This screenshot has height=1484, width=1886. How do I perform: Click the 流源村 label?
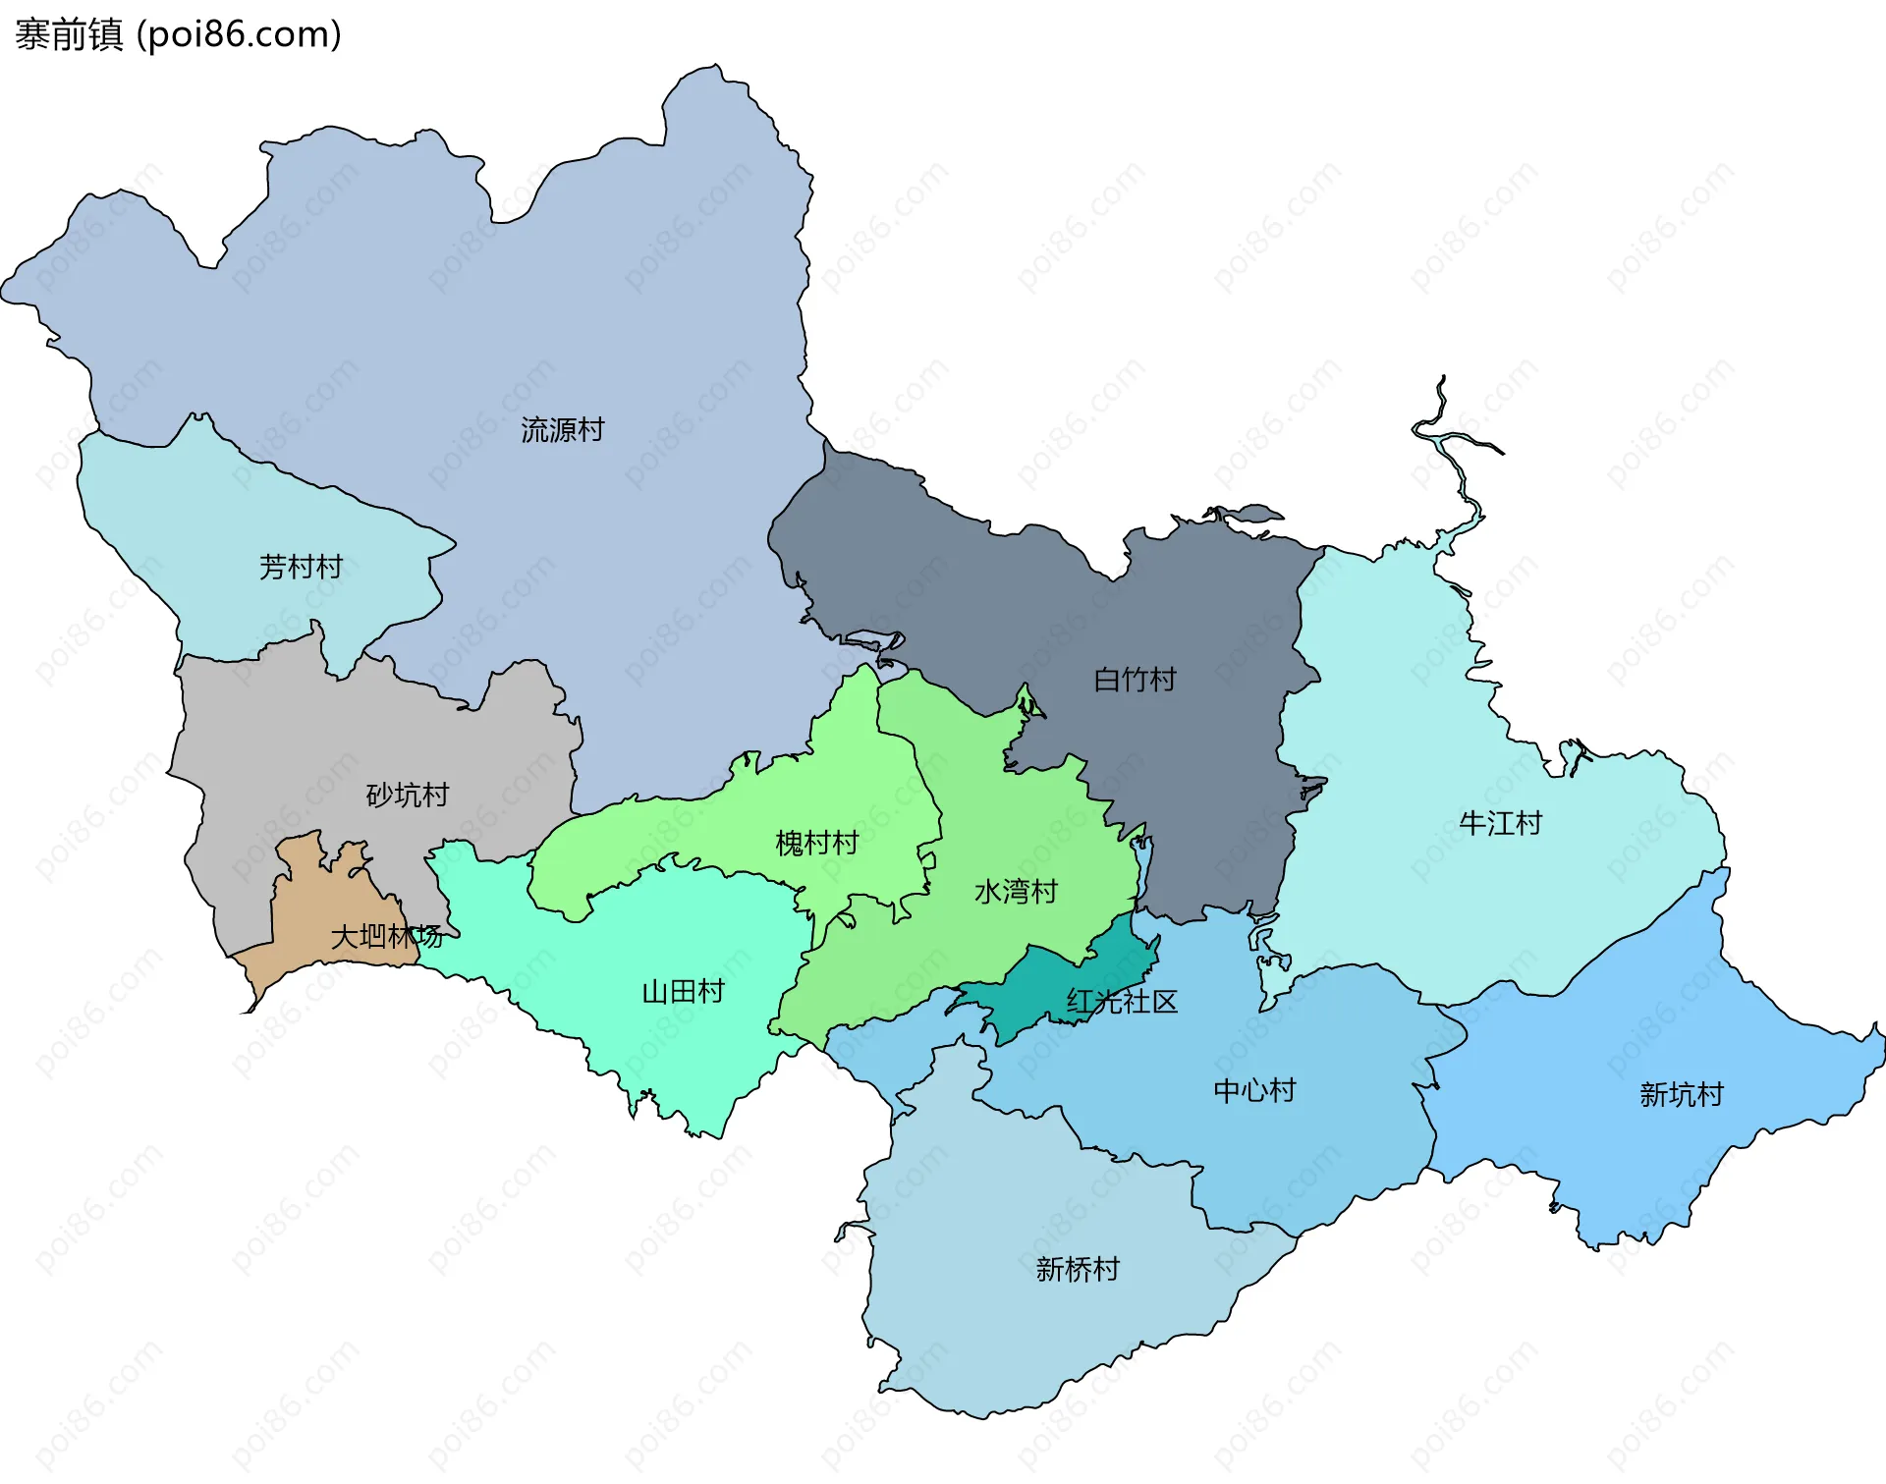[562, 430]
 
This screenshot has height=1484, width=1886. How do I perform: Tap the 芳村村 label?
[301, 567]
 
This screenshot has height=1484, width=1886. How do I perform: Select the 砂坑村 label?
[407, 795]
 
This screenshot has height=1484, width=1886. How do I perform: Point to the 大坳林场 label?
[386, 936]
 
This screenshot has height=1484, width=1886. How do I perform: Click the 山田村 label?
[683, 992]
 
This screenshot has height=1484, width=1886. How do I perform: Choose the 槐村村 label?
[816, 843]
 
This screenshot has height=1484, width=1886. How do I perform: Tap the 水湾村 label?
[1016, 892]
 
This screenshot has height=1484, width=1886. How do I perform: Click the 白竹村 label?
[1135, 680]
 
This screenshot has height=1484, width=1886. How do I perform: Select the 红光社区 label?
[1122, 1002]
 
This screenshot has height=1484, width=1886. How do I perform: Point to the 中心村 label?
[1254, 1090]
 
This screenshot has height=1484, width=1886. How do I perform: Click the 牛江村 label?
[1500, 823]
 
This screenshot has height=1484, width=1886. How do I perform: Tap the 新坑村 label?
[1681, 1094]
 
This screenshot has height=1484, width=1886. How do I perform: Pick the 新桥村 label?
[1078, 1270]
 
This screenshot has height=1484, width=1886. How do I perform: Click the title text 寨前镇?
[69, 35]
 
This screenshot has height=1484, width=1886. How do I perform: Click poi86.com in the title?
[240, 35]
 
